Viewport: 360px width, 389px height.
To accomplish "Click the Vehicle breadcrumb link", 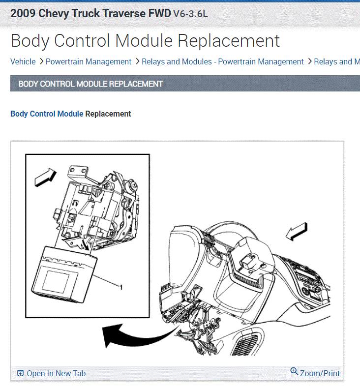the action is [x=23, y=61].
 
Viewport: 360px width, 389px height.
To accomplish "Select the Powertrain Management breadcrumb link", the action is [x=89, y=61].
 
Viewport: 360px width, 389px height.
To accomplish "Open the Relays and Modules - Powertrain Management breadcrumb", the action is [x=222, y=61].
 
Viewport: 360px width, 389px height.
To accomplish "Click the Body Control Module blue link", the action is [x=47, y=114].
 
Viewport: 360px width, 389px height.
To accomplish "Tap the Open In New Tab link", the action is [x=56, y=373].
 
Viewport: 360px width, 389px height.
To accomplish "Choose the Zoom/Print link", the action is [x=320, y=373].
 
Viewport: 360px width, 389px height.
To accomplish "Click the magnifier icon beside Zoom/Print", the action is [x=294, y=371].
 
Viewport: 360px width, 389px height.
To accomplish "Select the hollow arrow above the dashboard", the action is [x=298, y=231].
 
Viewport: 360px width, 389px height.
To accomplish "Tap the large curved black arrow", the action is [x=133, y=337].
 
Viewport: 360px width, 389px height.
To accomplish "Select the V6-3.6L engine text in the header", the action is [x=190, y=14].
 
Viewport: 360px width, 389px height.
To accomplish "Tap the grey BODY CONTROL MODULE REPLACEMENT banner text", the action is [x=90, y=84].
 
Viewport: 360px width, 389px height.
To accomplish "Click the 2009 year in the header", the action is [x=23, y=13].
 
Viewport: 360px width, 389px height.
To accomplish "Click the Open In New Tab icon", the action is [x=20, y=373].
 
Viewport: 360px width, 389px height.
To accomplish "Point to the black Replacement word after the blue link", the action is [x=108, y=114].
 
